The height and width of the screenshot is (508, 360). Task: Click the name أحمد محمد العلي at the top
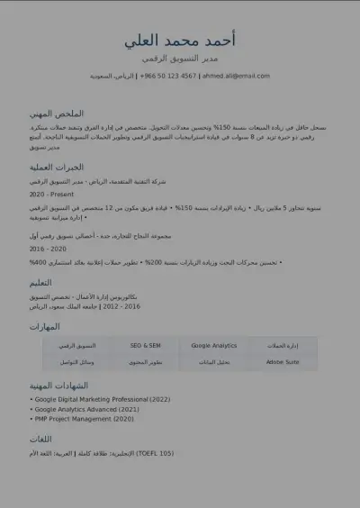180,41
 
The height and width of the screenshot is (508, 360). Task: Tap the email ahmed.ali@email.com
236,77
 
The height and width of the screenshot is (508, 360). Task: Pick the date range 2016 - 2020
48,249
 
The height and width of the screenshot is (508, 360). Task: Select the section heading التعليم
47,282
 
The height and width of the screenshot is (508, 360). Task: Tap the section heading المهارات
45,326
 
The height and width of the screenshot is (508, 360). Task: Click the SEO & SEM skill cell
145,346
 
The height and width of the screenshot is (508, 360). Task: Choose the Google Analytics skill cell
213,346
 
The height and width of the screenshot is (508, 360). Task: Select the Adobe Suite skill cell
282,362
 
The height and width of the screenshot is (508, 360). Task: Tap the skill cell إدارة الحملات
282,346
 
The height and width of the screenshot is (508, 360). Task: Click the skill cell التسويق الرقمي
76,346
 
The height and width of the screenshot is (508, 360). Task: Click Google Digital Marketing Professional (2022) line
102,399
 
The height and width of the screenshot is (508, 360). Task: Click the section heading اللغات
41,439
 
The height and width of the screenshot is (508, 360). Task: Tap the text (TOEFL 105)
154,453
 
